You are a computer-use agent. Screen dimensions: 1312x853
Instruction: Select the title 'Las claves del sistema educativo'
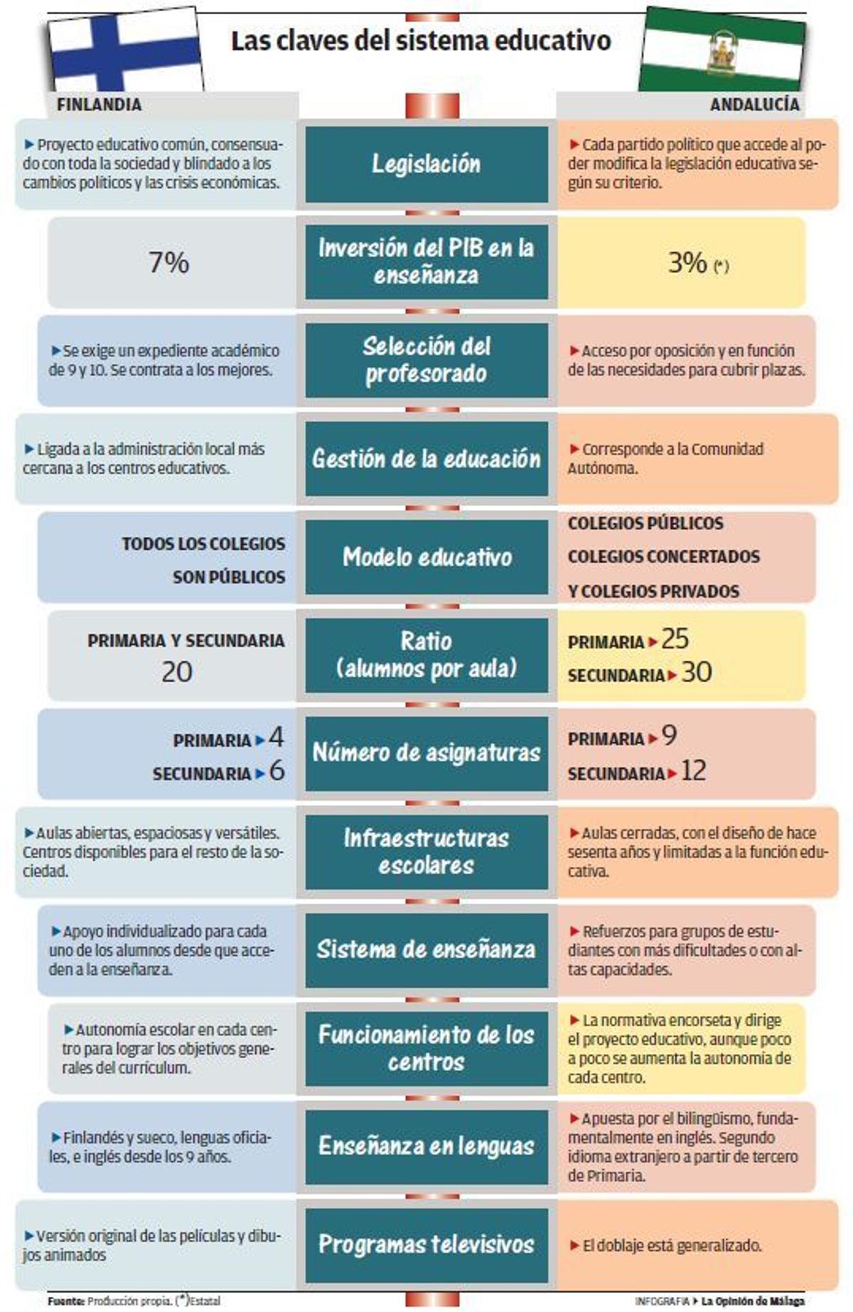pyautogui.click(x=421, y=41)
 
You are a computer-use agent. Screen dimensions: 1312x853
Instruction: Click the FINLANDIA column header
pyautogui.click(x=99, y=105)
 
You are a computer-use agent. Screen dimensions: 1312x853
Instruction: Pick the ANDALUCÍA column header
pyautogui.click(x=754, y=105)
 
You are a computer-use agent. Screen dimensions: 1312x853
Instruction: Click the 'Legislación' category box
pyautogui.click(x=426, y=164)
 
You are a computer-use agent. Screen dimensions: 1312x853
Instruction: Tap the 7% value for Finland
pyautogui.click(x=168, y=263)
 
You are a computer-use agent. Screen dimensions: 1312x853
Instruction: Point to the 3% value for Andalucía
pyautogui.click(x=687, y=263)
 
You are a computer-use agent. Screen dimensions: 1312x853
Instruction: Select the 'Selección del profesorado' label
pyautogui.click(x=426, y=360)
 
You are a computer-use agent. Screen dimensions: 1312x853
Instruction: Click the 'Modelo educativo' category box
pyautogui.click(x=426, y=557)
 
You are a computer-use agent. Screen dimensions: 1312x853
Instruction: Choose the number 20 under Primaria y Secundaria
pyautogui.click(x=176, y=672)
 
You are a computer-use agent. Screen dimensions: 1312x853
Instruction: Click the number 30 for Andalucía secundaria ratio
pyautogui.click(x=696, y=673)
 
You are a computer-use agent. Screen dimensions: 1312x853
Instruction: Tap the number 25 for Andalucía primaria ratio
pyautogui.click(x=675, y=639)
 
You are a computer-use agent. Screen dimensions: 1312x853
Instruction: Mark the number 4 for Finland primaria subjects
pyautogui.click(x=277, y=737)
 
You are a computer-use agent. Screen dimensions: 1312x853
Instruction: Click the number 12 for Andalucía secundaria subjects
pyautogui.click(x=693, y=771)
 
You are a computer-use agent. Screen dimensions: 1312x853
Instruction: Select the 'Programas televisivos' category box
pyautogui.click(x=426, y=1244)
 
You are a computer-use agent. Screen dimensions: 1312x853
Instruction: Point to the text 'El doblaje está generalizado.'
pyautogui.click(x=672, y=1246)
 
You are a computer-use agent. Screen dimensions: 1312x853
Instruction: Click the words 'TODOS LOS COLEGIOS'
pyautogui.click(x=203, y=544)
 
